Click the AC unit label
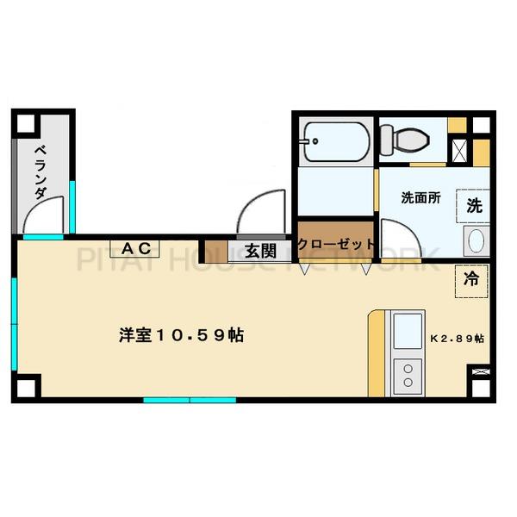136,249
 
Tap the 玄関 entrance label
260,252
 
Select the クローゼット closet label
336,245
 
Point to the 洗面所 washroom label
420,198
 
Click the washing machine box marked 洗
473,206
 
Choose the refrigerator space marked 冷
471,281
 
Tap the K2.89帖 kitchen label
458,339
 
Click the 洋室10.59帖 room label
181,335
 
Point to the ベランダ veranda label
41,172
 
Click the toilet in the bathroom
405,140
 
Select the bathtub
336,142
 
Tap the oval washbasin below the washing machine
477,240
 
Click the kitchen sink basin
408,332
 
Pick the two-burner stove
408,377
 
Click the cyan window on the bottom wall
190,401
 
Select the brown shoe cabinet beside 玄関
216,252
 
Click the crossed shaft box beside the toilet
458,151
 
